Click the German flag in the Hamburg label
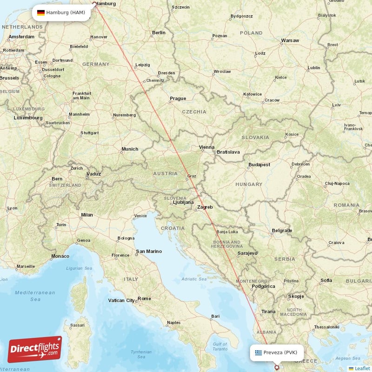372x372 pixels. pos(41,13)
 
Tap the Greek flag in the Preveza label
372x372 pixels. pos(258,352)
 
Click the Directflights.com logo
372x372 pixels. pos(35,349)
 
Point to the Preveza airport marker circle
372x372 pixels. pos(278,367)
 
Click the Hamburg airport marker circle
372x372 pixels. pos(95,5)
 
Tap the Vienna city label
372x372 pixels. pos(207,147)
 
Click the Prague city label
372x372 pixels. pos(178,99)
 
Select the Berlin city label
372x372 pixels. pos(159,33)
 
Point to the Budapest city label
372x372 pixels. pos(259,165)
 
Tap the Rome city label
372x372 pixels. pos(144,299)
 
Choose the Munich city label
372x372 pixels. pos(130,149)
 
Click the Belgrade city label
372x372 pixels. pos(282,231)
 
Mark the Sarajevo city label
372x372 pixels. pos(247,253)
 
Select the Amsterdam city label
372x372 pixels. pos(21,36)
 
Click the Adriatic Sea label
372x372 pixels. pos(194,279)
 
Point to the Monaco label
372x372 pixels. pos(60,256)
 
